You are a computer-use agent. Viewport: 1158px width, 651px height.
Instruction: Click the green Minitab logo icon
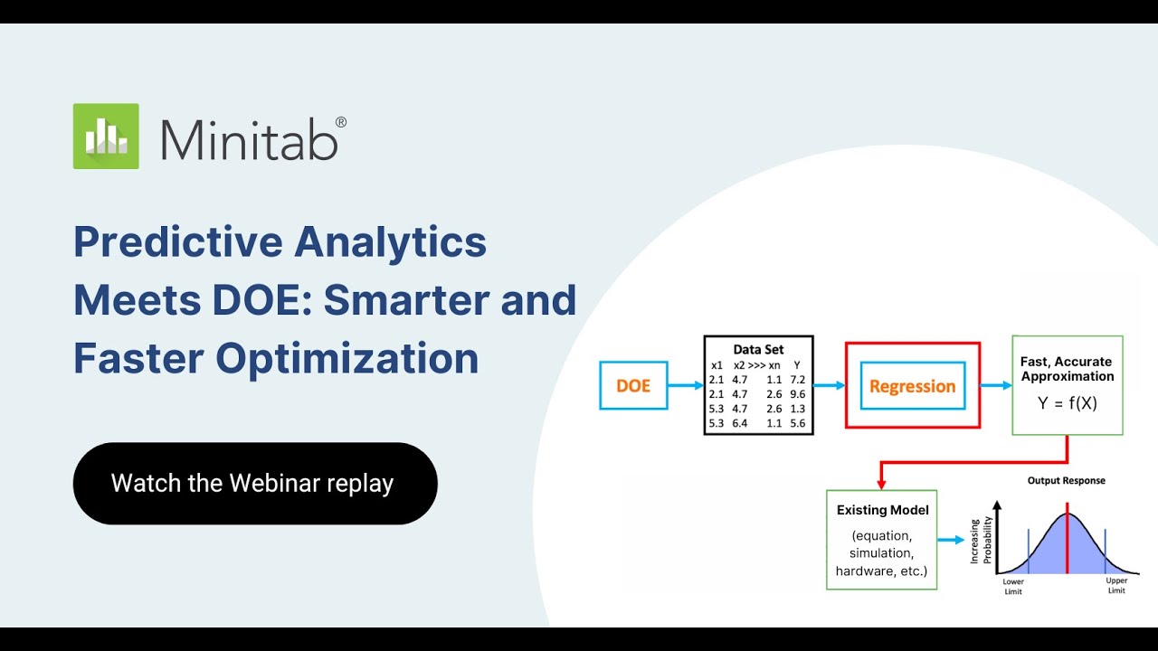pos(106,136)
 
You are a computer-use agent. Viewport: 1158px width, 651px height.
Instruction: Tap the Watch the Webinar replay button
pos(254,483)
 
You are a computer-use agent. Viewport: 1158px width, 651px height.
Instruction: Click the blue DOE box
pos(633,385)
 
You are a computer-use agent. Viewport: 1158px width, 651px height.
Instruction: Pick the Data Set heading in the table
pos(758,349)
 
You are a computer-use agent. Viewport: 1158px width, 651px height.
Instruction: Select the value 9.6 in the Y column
pos(796,394)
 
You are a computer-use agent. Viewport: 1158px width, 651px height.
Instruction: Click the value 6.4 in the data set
pos(739,423)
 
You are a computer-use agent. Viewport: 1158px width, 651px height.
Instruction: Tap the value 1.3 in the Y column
pos(796,409)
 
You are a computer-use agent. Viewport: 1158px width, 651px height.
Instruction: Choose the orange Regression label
pos(912,386)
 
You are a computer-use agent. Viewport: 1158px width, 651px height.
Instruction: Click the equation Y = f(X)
pos(1067,403)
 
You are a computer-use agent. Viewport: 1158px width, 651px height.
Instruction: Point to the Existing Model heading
pos(882,510)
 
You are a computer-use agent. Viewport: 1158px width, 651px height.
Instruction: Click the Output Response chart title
pos(1066,480)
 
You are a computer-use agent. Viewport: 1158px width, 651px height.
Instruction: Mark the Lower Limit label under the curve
pos(1012,586)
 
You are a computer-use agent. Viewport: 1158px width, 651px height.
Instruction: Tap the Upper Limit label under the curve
pos(1116,586)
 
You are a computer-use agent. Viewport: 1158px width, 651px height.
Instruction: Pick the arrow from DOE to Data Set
pos(686,385)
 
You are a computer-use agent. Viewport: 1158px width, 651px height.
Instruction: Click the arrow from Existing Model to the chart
pos(951,540)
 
